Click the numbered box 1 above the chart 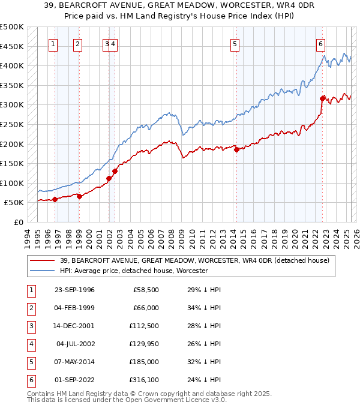[53, 43]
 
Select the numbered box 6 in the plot [321, 43]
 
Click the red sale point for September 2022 [323, 98]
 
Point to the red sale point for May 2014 [236, 149]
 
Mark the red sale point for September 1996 [55, 199]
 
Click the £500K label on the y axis [11, 27]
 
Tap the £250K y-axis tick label [11, 124]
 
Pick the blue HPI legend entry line [43, 271]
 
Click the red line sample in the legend [43, 261]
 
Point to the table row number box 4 [31, 344]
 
